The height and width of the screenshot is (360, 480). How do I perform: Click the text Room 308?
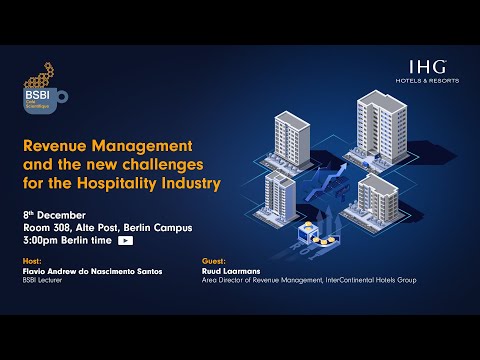[46, 228]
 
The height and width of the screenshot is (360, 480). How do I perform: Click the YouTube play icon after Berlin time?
[126, 241]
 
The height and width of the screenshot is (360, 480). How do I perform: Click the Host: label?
[31, 261]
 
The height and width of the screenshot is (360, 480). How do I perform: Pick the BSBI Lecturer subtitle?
[43, 280]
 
